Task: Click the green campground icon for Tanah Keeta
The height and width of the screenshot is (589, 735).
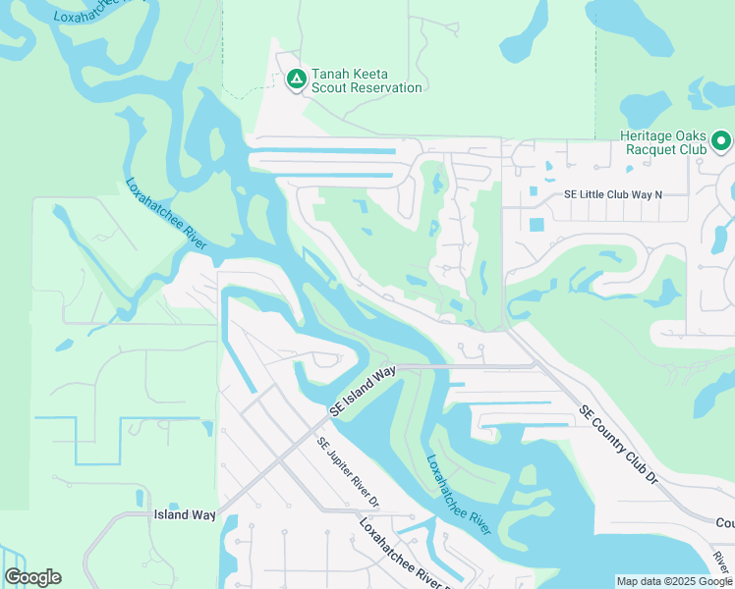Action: point(296,80)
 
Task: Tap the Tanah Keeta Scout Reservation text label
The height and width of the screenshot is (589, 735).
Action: point(367,80)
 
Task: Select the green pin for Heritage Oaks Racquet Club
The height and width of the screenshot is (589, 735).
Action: point(720,141)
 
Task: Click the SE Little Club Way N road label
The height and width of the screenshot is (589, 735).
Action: point(613,194)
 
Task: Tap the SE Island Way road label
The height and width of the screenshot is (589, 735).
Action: point(363,392)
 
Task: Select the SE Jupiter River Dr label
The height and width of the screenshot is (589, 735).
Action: point(347,473)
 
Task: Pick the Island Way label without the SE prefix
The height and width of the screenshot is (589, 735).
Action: point(184,514)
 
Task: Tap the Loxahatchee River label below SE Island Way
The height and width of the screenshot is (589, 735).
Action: point(459,494)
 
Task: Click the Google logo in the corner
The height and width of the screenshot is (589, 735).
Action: point(32,577)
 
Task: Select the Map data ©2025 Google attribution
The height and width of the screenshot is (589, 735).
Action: point(674,581)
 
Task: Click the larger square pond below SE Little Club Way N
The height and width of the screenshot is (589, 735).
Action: point(537,224)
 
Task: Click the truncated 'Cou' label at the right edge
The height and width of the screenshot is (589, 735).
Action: point(724,523)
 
